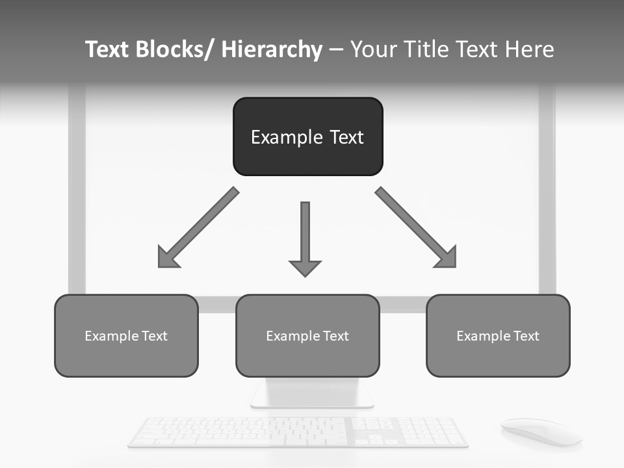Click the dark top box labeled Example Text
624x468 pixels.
click(x=307, y=136)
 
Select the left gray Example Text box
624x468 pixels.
click(x=126, y=335)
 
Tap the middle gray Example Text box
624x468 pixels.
click(x=307, y=335)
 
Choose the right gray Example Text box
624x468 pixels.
click(x=498, y=335)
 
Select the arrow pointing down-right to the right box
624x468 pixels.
click(x=416, y=227)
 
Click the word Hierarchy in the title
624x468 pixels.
click(x=272, y=49)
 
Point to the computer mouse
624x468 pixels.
click(x=541, y=431)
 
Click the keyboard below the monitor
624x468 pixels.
click(x=298, y=432)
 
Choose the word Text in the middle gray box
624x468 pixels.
click(x=335, y=336)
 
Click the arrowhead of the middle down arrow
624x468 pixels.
click(x=305, y=267)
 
